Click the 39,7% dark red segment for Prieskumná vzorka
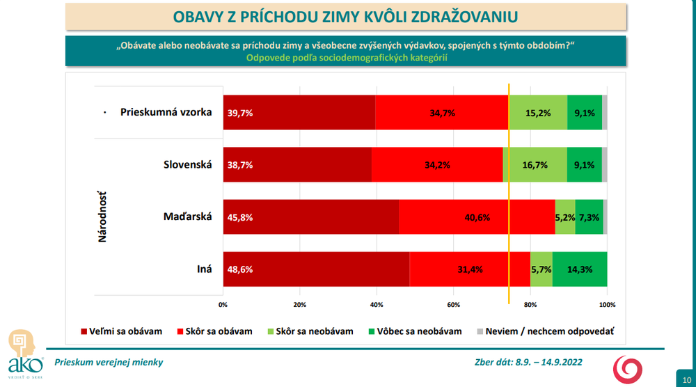click(299, 112)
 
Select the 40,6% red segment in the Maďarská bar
click(477, 216)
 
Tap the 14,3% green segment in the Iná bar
click(580, 269)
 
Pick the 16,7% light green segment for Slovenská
click(535, 165)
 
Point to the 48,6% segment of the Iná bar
click(316, 269)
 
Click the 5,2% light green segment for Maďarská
click(565, 216)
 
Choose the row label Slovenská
click(187, 164)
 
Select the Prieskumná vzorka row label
click(166, 112)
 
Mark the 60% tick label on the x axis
click(454, 304)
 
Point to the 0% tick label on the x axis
click(223, 304)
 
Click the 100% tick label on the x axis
click(607, 304)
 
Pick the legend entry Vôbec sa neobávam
click(425, 331)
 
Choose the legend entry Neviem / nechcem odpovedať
click(549, 331)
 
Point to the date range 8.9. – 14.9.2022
click(549, 362)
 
